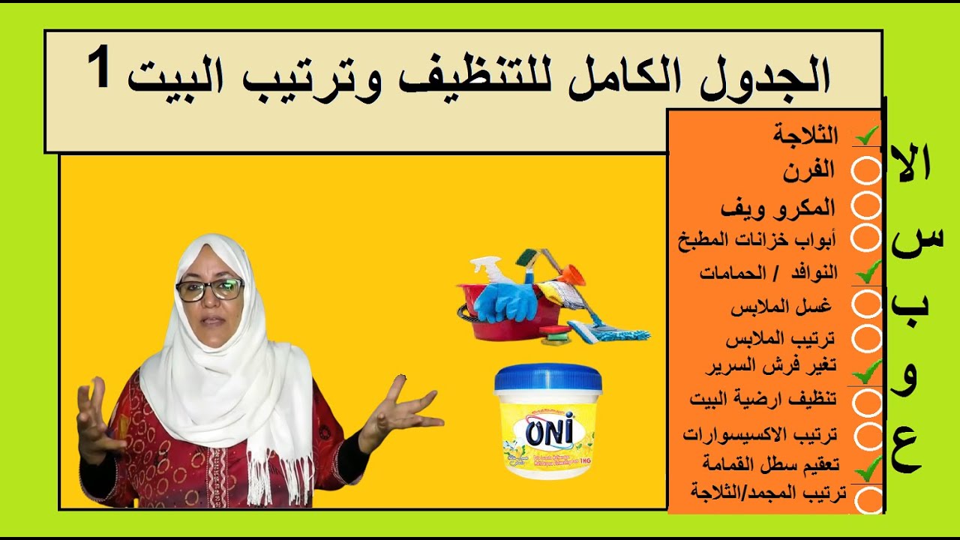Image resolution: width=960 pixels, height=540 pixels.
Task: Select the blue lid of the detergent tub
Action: pos(547,377)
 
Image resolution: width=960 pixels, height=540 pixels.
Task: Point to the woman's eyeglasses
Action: pos(209,289)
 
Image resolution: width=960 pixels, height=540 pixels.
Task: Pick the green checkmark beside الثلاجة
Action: pos(868,136)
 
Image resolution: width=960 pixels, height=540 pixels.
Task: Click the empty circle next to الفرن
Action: pos(867,171)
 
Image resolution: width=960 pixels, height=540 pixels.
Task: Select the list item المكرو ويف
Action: pos(777,208)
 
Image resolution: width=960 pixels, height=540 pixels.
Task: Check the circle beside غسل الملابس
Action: pos(868,304)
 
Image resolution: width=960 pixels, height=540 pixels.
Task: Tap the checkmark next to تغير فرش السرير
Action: pos(868,367)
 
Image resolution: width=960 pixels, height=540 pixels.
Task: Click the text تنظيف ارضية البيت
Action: pos(763,399)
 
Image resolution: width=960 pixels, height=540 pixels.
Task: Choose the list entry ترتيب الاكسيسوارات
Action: pos(760,433)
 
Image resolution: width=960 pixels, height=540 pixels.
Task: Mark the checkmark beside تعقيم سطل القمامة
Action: pos(868,469)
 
